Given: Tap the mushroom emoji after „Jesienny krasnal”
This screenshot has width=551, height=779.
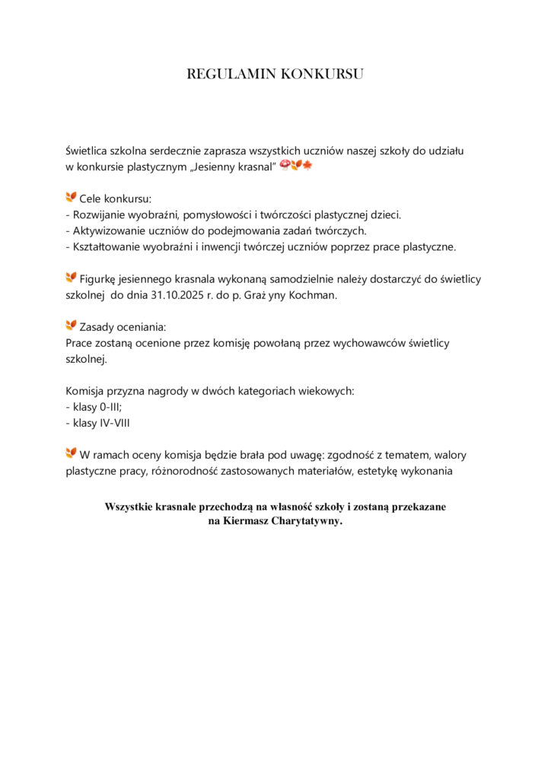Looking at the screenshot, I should point(285,165).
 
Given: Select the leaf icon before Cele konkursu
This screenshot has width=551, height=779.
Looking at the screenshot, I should point(72,198).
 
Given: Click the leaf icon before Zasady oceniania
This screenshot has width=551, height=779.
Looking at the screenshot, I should point(72,326).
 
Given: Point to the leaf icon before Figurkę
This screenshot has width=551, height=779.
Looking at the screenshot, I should point(72,278).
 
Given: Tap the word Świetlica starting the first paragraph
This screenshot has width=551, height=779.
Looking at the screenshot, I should point(90,151).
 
